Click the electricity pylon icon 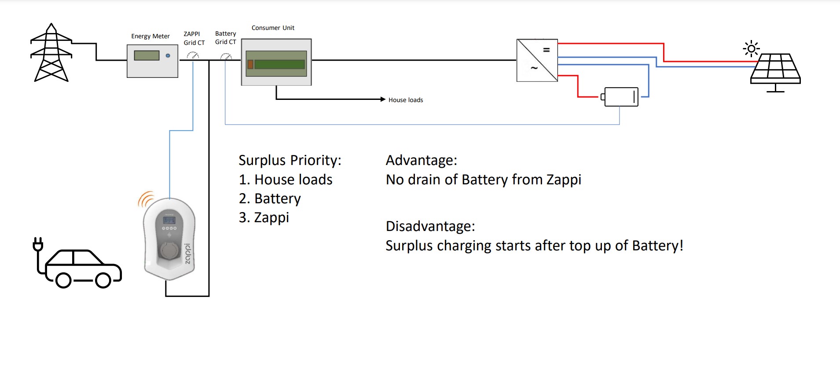click(51, 54)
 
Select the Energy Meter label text click(150, 37)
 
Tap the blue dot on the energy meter click(168, 55)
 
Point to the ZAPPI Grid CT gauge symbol click(193, 55)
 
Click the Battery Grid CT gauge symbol click(226, 56)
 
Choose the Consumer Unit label click(273, 28)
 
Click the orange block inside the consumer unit click(250, 64)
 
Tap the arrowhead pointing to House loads click(383, 99)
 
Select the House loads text click(405, 100)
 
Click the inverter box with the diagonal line click(537, 60)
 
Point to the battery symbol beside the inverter click(620, 97)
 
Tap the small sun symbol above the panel click(751, 48)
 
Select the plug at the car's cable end click(38, 244)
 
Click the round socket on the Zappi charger click(169, 250)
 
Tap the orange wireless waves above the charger click(146, 199)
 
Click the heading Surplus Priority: click(290, 160)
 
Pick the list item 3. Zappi click(264, 217)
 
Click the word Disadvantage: click(430, 226)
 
